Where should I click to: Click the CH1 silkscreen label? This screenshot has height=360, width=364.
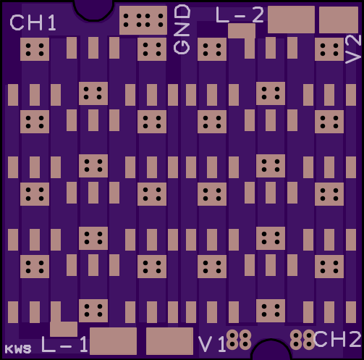click(x=33, y=22)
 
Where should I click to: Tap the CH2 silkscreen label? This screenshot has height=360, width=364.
click(x=338, y=339)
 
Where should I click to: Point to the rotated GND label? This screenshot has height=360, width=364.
click(x=182, y=30)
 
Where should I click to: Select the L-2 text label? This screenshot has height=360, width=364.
click(x=240, y=15)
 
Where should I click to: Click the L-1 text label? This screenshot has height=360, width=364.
click(x=64, y=344)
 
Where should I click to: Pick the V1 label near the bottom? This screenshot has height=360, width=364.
click(x=212, y=344)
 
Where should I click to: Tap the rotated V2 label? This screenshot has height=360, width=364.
click(x=353, y=49)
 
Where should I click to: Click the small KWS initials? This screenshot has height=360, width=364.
click(x=18, y=349)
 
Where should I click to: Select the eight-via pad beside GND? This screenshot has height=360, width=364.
click(x=143, y=20)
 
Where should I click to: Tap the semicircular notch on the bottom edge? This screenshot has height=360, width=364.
click(x=271, y=350)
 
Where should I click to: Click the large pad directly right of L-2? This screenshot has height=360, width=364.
click(x=291, y=20)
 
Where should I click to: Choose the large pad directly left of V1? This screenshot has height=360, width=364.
click(x=169, y=341)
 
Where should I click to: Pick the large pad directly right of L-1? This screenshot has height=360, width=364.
click(x=113, y=341)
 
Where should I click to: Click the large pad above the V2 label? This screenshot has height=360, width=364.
click(x=339, y=20)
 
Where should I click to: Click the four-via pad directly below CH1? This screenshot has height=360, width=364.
click(x=35, y=49)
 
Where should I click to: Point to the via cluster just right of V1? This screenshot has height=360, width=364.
click(x=239, y=340)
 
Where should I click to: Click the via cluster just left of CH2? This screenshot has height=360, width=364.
click(x=302, y=340)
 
